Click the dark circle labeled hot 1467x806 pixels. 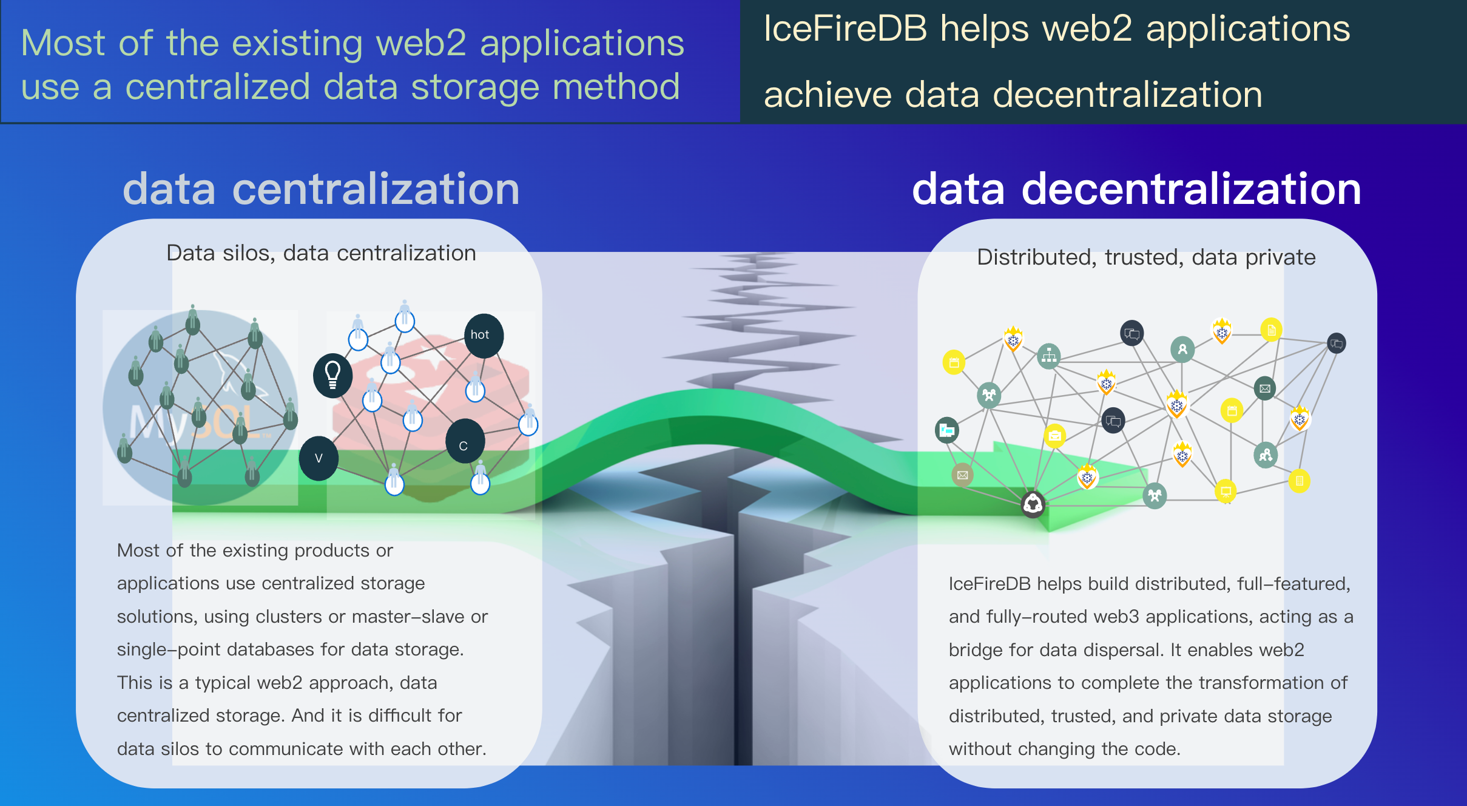click(484, 335)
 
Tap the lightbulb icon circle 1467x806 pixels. click(332, 375)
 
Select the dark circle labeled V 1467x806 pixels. click(319, 458)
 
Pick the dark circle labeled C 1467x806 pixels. click(464, 441)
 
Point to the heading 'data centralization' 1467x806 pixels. click(321, 189)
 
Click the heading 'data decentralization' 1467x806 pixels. click(1136, 189)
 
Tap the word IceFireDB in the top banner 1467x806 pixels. click(845, 29)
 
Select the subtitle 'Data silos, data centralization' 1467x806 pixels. click(321, 253)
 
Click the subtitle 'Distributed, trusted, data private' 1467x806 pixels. click(1146, 257)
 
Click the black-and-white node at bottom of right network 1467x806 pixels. click(1033, 504)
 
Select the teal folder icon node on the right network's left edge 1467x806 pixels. click(946, 430)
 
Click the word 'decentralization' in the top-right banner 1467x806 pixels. click(1127, 95)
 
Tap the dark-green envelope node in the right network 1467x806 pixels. click(1264, 388)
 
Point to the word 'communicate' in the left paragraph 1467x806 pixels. click(285, 749)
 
